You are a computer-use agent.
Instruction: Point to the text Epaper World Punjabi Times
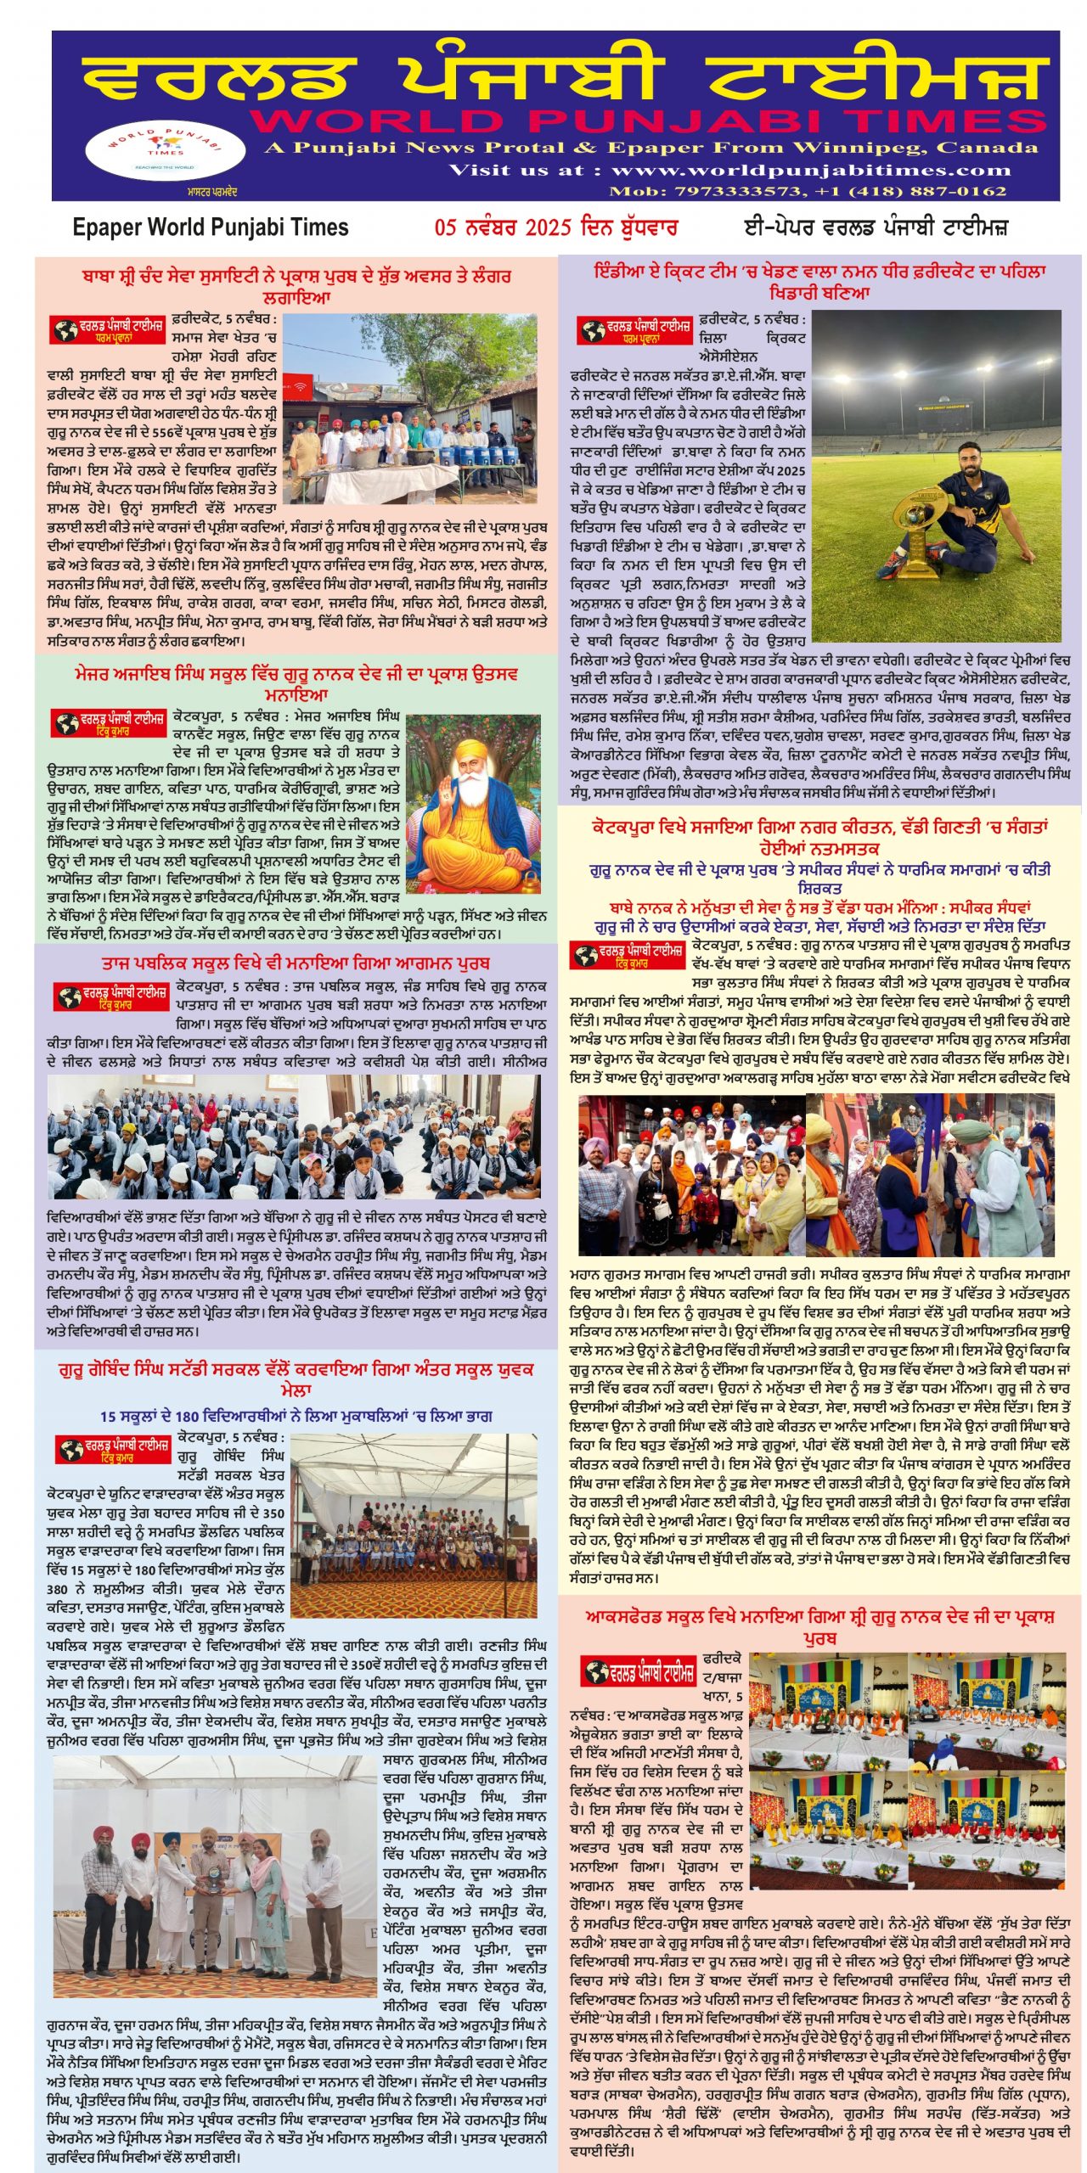click(x=211, y=227)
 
